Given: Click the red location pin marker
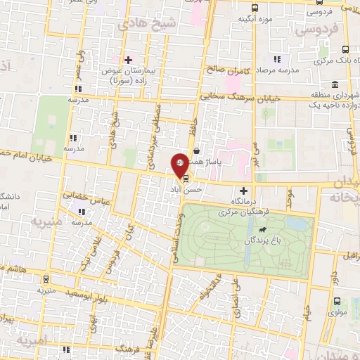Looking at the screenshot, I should coord(181,164).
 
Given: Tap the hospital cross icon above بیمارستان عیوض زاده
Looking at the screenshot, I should coord(128,60).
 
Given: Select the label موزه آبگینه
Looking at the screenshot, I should coord(255,18).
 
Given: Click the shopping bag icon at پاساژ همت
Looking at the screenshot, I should coord(196,150).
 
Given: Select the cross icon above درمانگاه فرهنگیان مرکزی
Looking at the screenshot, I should coord(244,191).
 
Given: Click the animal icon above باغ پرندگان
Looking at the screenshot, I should coord(262,230).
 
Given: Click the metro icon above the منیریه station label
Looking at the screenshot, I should coord(46,278).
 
